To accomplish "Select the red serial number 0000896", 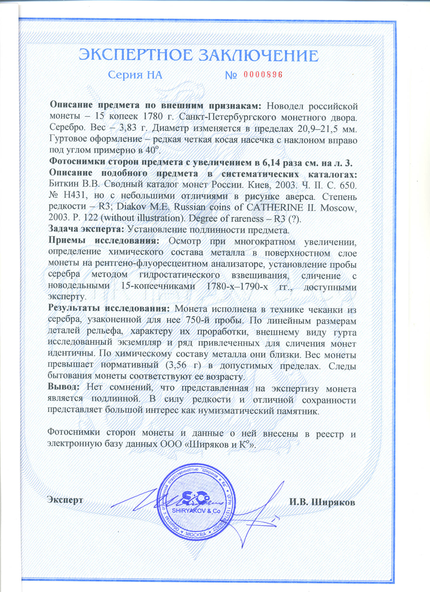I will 263,75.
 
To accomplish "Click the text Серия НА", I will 135,75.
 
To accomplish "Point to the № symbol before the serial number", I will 231,75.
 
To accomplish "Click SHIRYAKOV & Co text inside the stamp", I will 196,511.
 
